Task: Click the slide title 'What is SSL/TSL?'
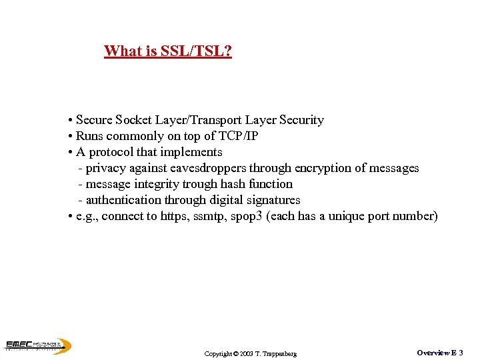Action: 168,51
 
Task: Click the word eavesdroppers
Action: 208,168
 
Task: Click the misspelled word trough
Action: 202,184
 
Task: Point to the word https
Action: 175,216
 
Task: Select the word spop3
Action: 246,216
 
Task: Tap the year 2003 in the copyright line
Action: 247,353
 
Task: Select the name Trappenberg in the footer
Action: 279,353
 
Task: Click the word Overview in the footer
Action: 433,352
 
